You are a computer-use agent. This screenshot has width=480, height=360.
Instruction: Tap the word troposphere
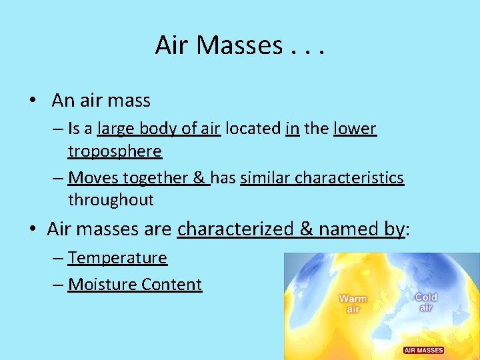pos(115,151)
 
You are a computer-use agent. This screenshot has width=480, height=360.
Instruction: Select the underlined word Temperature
pos(117,258)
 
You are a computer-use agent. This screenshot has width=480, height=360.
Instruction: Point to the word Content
pos(171,285)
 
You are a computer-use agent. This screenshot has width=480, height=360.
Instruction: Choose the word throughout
pos(111,200)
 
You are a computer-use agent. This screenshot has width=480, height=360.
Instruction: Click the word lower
pos(355,129)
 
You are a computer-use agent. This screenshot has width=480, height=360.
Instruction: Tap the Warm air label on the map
pos(353,304)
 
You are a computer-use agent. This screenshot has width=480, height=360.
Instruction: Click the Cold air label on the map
pos(426,302)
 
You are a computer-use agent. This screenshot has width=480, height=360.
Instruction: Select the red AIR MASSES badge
pos(423,351)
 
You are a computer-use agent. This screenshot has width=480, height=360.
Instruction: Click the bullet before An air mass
pos(32,101)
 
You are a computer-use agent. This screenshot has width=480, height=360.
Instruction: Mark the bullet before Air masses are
pos(32,230)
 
